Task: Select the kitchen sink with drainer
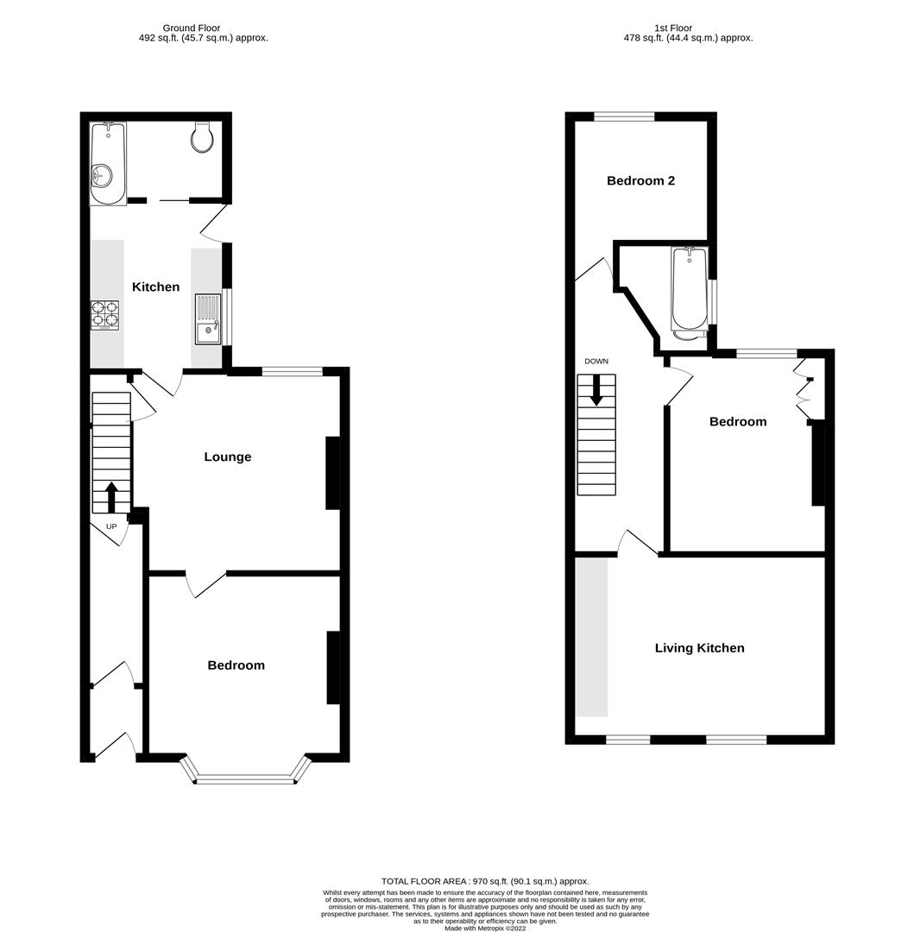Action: click(x=208, y=319)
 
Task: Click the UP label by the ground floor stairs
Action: click(x=110, y=526)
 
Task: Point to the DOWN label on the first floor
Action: click(x=596, y=362)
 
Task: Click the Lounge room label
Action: click(x=228, y=457)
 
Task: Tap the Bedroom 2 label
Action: click(x=640, y=180)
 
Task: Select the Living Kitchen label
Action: click(x=699, y=648)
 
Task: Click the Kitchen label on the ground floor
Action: click(x=155, y=287)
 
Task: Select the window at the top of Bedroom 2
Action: click(x=624, y=116)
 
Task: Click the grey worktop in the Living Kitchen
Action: click(x=592, y=637)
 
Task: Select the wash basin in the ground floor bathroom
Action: click(x=101, y=176)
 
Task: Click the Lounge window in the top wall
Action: click(x=292, y=371)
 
